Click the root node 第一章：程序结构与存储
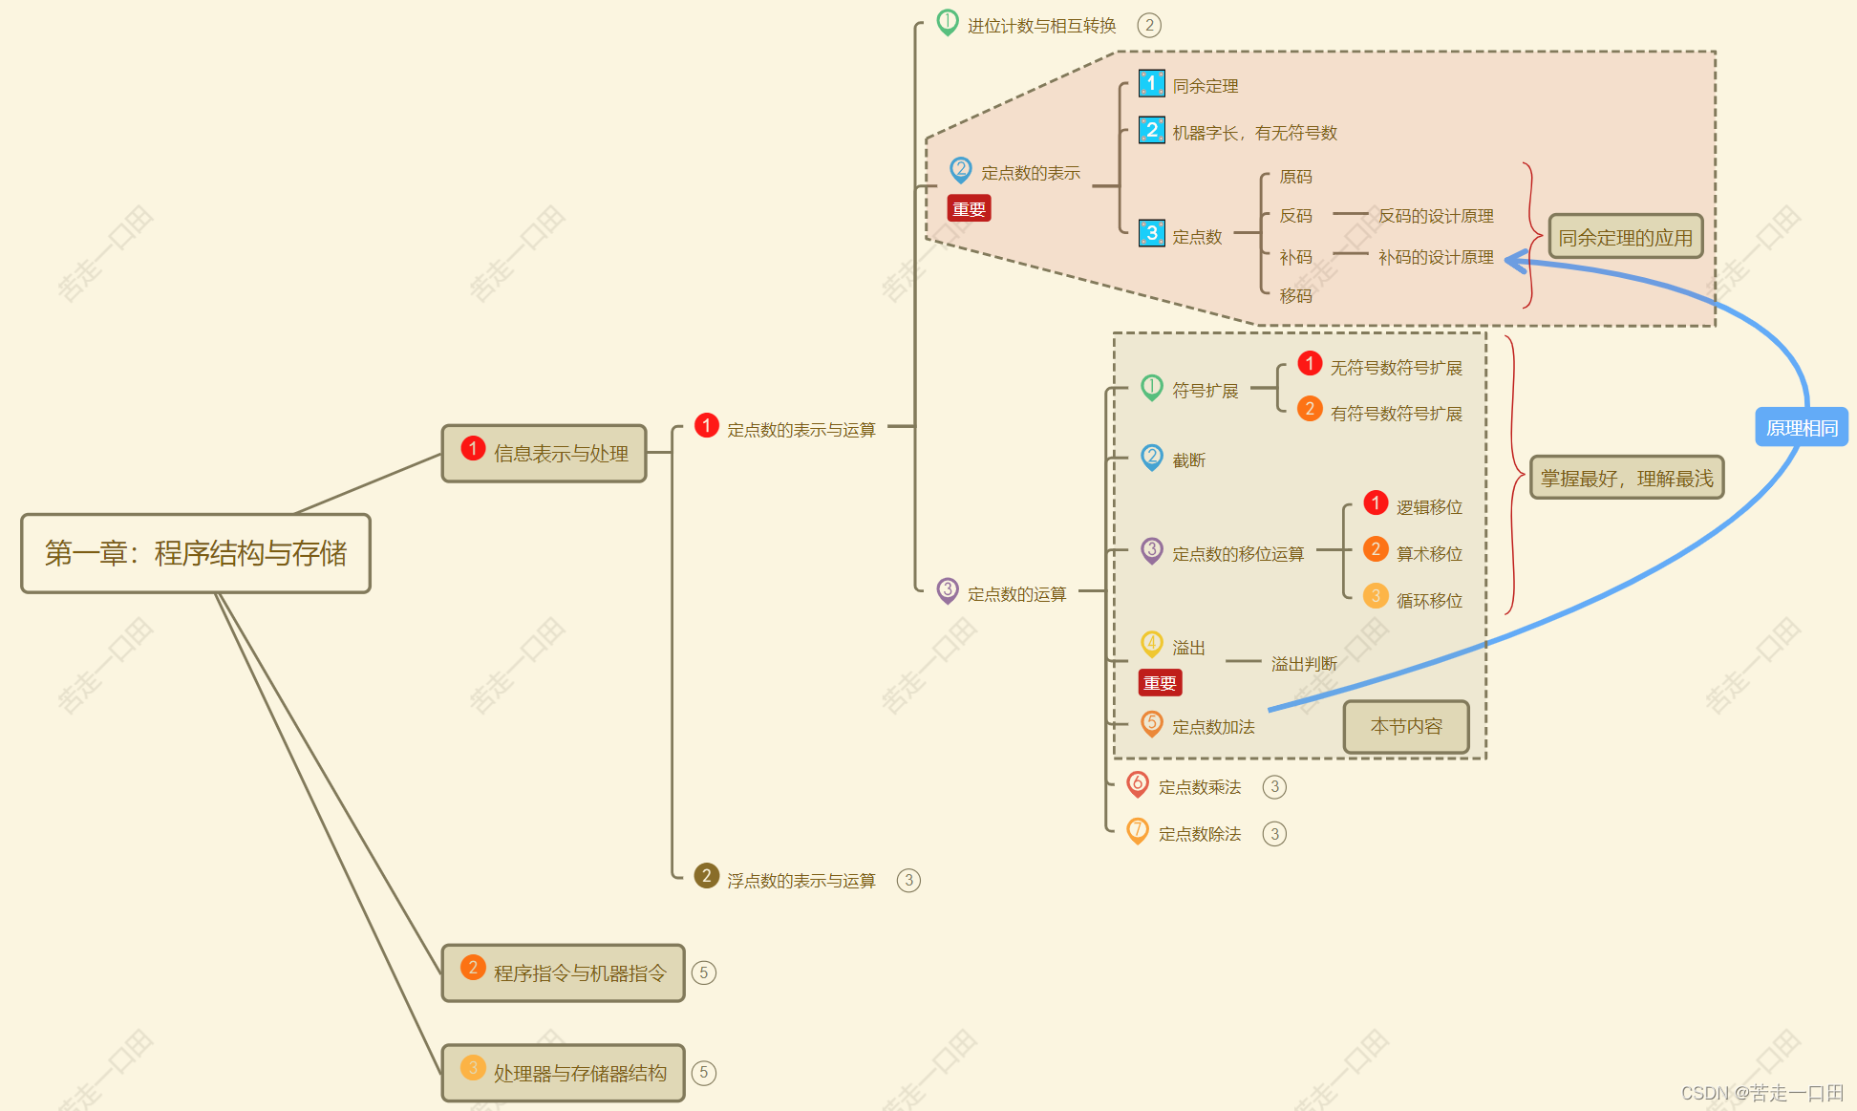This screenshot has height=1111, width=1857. click(196, 553)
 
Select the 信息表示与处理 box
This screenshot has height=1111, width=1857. click(544, 453)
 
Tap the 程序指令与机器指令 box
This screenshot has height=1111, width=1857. click(563, 972)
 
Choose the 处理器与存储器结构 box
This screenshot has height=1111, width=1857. click(563, 1073)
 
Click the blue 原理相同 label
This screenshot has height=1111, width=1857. click(1802, 427)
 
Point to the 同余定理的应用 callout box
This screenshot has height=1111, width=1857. click(1625, 237)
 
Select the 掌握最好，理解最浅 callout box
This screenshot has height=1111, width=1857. click(1627, 478)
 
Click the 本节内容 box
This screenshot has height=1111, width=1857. click(1406, 727)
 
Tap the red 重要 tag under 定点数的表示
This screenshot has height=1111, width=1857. click(969, 208)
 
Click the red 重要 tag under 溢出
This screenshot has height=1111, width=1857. click(1160, 682)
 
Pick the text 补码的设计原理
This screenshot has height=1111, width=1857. click(1435, 257)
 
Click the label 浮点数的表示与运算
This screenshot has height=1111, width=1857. click(800, 880)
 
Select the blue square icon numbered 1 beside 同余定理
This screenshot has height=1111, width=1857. click(1151, 84)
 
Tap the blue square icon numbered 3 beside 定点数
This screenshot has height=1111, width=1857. click(1151, 233)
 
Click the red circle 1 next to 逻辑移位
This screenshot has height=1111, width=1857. click(1376, 502)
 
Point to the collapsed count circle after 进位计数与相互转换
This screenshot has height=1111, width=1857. click(1149, 25)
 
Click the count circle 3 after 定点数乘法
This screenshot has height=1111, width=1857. click(1274, 786)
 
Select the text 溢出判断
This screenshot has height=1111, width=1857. click(1304, 663)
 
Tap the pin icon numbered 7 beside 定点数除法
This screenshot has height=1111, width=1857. click(1137, 831)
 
